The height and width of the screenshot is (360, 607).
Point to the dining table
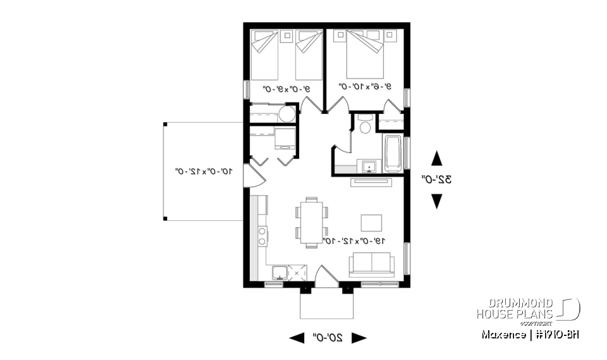pos(311,221)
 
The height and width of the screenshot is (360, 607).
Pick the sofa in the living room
pos(372,264)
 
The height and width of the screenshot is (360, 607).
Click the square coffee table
pos(371,223)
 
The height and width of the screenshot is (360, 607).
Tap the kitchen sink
pos(279,273)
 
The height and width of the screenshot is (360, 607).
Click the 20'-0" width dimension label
pos(328,338)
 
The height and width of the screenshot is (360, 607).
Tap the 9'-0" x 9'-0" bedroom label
pos(280,89)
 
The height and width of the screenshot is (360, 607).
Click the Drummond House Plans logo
pos(528,309)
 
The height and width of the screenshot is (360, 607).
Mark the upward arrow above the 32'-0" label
pos(436,158)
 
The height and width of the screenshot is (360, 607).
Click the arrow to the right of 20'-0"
pos(359,338)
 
